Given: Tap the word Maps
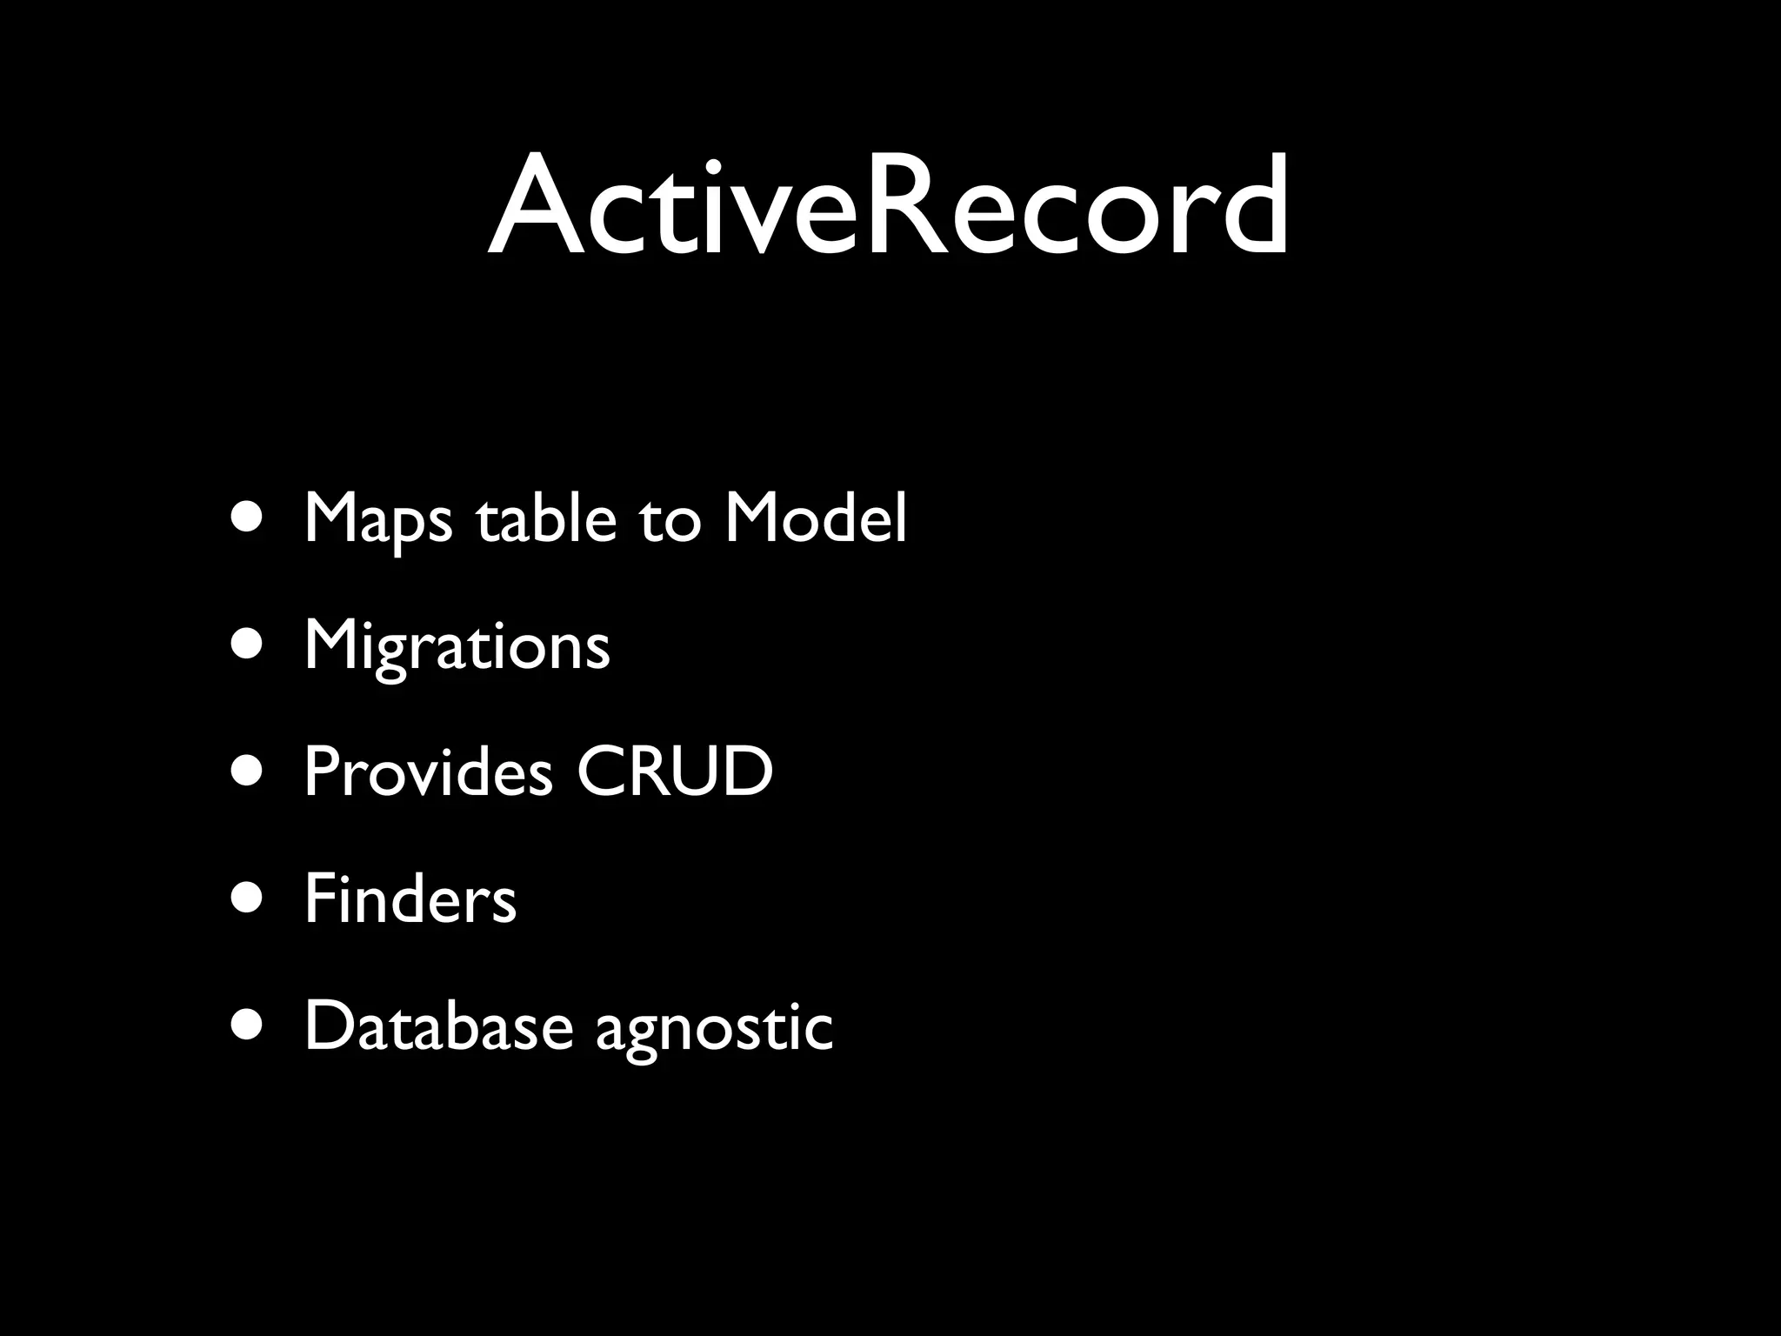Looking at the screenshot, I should [377, 520].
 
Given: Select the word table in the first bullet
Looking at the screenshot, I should [545, 518].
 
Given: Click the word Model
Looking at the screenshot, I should [815, 518].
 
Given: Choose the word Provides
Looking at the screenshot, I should [428, 772].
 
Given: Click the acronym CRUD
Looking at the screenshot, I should [674, 772].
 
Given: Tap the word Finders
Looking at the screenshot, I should [410, 899].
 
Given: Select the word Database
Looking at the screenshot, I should [438, 1026].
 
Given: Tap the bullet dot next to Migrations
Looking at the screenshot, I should [249, 645].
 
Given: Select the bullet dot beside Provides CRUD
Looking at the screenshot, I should [249, 772].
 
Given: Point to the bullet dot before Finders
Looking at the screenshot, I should [249, 899].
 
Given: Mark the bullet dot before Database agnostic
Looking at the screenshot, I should [249, 1026].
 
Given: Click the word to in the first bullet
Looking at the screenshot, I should [669, 520].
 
